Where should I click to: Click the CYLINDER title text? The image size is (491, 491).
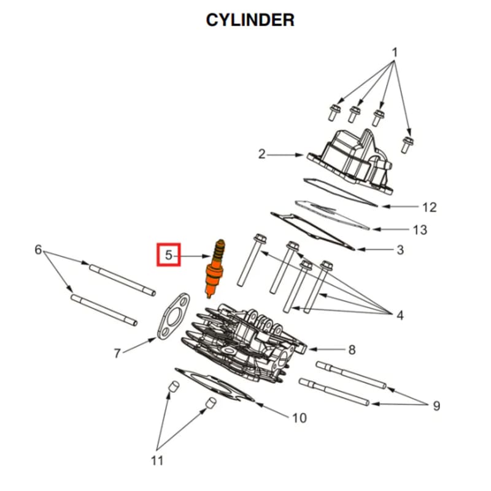(x=250, y=20)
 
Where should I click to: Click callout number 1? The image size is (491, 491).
(x=395, y=53)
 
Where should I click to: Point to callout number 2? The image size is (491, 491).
(x=262, y=154)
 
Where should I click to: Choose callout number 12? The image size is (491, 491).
(x=430, y=207)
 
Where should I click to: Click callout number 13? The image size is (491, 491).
(x=420, y=230)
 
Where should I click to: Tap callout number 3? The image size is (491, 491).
(x=400, y=250)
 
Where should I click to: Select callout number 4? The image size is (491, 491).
(x=400, y=316)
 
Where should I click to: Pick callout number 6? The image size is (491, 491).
(x=38, y=250)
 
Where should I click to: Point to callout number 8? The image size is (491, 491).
(x=352, y=350)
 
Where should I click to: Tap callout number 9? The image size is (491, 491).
(x=436, y=406)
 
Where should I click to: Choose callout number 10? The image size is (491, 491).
(x=299, y=419)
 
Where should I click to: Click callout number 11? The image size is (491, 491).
(x=158, y=460)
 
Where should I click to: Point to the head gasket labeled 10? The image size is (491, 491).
(x=215, y=386)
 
